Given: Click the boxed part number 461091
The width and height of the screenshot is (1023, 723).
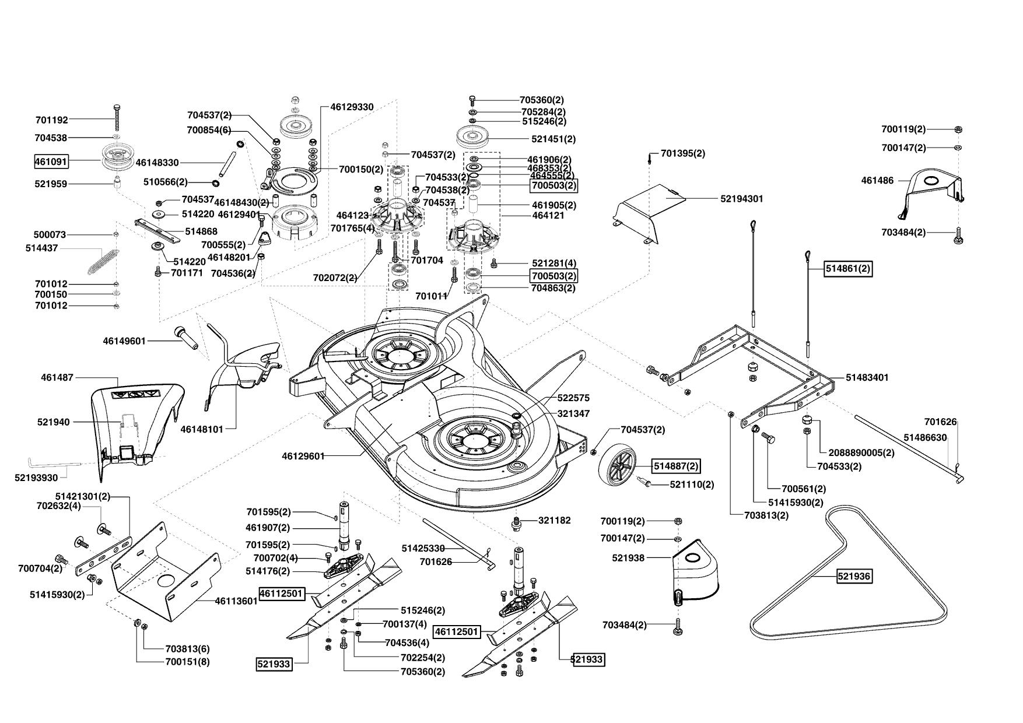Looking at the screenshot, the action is (x=50, y=161).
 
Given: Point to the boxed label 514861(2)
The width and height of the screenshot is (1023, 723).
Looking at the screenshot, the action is (x=848, y=269).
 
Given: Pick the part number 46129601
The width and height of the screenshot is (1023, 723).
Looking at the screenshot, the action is (x=303, y=456).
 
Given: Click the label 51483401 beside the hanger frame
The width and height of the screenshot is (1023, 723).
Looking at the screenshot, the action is (x=867, y=378).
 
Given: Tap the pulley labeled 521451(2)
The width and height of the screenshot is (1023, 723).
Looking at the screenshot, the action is (x=477, y=139).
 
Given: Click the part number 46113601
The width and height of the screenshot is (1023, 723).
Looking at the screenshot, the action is (x=236, y=601).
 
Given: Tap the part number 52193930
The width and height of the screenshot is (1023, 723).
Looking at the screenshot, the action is (x=36, y=478).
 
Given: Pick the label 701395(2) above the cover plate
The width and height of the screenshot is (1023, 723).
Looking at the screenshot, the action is (x=683, y=154).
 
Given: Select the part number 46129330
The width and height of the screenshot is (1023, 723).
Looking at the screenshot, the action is (x=352, y=107).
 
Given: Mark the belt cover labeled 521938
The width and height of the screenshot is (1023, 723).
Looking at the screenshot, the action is (x=696, y=574).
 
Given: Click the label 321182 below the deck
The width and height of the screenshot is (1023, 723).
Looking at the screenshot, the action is (x=554, y=521).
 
